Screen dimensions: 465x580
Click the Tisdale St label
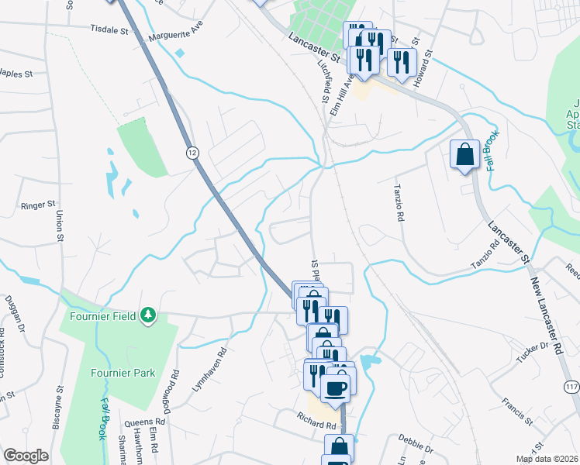(x=109, y=29)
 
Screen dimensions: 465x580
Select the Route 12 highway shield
(x=192, y=153)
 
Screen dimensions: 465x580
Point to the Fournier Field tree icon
(x=147, y=315)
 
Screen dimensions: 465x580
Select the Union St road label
(x=59, y=225)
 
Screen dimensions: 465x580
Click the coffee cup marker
(x=336, y=386)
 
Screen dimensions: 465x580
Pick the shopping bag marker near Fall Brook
(x=464, y=153)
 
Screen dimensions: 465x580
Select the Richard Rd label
(x=316, y=425)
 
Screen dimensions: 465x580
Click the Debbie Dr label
(x=417, y=447)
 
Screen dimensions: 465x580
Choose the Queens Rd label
(x=141, y=424)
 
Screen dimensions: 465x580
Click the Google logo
(x=26, y=456)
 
